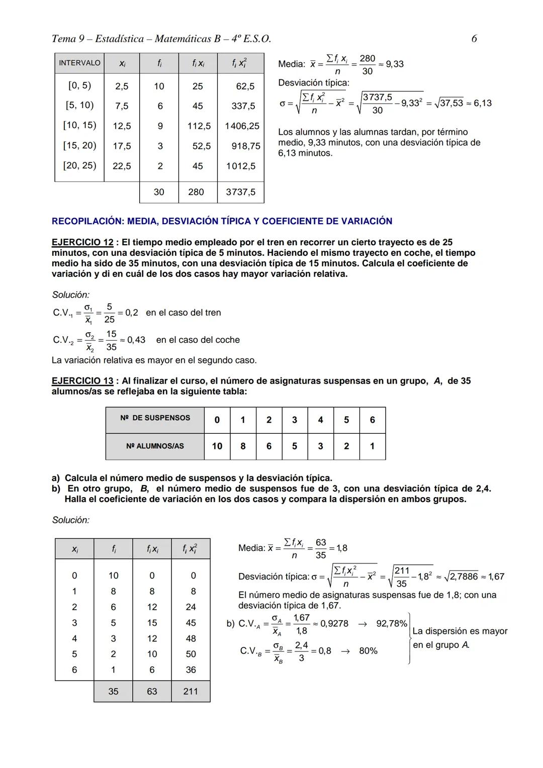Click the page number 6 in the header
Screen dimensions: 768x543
[x=474, y=39]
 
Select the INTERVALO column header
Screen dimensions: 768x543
[x=79, y=63]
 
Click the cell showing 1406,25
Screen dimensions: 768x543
[x=242, y=126]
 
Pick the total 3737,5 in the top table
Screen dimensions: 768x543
[x=240, y=192]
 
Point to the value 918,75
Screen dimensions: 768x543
[x=246, y=146]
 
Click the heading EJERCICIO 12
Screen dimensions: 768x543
[x=82, y=242]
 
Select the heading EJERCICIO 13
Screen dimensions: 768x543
[x=82, y=381]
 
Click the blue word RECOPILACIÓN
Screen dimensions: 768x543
[x=87, y=221]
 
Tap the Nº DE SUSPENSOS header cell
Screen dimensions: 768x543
[x=155, y=418]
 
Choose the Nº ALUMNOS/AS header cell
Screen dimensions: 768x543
[x=155, y=446]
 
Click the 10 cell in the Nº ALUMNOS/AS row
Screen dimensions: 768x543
[x=217, y=446]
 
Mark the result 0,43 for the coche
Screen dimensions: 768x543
[x=136, y=340]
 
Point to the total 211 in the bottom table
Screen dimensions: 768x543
[x=191, y=692]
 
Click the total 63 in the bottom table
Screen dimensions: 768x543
[x=152, y=692]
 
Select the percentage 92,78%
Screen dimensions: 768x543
[x=392, y=624]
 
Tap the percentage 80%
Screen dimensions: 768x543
[x=368, y=651]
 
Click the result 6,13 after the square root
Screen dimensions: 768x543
[x=483, y=103]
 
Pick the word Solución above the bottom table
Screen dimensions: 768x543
[x=70, y=520]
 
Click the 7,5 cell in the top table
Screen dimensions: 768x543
[x=122, y=106]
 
